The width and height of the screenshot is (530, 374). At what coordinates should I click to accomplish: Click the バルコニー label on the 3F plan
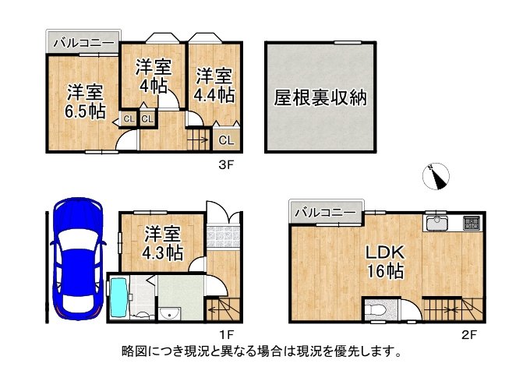[x=83, y=44]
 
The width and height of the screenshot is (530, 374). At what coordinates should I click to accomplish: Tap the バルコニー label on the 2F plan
[x=325, y=211]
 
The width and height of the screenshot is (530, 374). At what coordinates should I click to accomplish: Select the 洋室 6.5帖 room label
[x=85, y=101]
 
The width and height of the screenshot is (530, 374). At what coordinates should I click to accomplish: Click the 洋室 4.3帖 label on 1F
[x=163, y=243]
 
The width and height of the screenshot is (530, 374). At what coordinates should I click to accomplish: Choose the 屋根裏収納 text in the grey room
[x=320, y=98]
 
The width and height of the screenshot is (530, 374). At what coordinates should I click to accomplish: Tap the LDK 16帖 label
[x=385, y=263]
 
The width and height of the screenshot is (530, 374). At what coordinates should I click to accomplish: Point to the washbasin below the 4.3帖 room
[x=168, y=313]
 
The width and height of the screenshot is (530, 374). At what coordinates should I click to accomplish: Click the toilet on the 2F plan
[x=377, y=309]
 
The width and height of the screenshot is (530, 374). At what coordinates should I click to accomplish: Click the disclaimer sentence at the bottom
[x=262, y=351]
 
